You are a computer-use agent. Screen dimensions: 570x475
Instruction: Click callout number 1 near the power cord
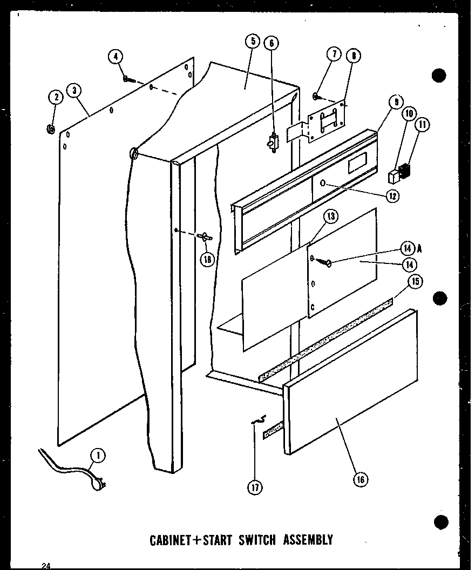coord(98,456)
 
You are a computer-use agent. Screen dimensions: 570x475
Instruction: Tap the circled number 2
coord(55,97)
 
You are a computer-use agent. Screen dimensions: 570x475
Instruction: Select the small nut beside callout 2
coord(50,128)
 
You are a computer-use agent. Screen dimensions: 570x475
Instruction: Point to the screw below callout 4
coord(128,79)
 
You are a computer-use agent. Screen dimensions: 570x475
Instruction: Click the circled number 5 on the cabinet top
coord(252,42)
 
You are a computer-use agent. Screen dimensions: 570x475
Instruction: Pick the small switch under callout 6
coord(272,142)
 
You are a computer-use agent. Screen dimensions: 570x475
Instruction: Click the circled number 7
coord(334,55)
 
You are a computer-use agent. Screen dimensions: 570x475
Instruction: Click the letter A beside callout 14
coord(419,248)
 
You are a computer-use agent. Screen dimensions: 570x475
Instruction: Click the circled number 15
coord(415,281)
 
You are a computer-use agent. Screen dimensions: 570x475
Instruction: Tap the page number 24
coord(46,565)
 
